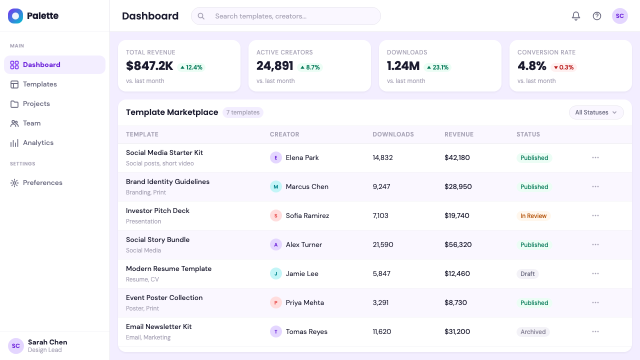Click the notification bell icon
pos(575,16)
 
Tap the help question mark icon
pos(597,16)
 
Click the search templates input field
pos(285,16)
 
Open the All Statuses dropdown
pos(596,112)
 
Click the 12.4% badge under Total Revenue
pos(191,67)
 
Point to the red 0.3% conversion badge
pos(563,67)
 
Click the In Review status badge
pos(533,216)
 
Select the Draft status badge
pos(527,274)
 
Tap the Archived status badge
pos(533,332)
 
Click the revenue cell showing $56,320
pos(458,245)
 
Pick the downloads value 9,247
pos(381,187)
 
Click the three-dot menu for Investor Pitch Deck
pos(595,215)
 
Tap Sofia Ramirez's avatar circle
pos(275,215)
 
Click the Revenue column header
pos(459,134)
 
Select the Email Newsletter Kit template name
pos(158,327)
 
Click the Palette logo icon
pos(15,16)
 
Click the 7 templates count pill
pos(243,112)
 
